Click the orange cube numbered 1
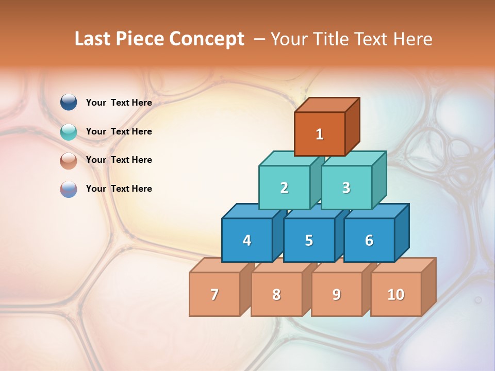click(x=320, y=134)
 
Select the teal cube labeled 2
click(x=284, y=188)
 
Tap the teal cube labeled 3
click(x=346, y=188)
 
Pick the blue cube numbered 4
click(x=247, y=240)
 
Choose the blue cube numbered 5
click(x=309, y=240)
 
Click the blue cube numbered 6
click(x=369, y=240)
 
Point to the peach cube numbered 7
click(x=214, y=294)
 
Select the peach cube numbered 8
click(x=276, y=294)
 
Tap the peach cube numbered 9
click(x=337, y=294)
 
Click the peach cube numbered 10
click(x=396, y=294)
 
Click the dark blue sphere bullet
click(x=69, y=102)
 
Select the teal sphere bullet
click(x=69, y=131)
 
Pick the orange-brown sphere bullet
click(x=69, y=160)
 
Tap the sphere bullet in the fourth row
click(x=69, y=189)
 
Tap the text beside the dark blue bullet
click(x=119, y=103)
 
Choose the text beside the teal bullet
click(x=119, y=131)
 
